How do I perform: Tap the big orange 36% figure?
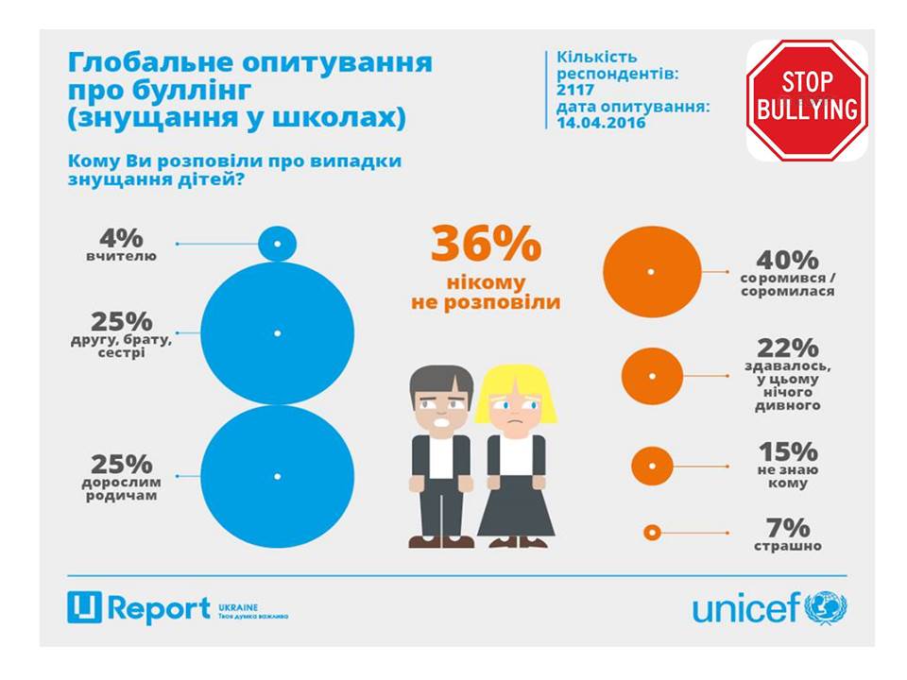[x=486, y=245]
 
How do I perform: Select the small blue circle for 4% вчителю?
[x=277, y=245]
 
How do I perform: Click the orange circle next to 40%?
[x=651, y=271]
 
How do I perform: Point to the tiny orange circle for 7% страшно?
[x=650, y=533]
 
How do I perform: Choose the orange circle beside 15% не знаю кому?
[x=650, y=466]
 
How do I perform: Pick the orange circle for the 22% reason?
[x=651, y=375]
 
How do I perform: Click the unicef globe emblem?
[x=827, y=607]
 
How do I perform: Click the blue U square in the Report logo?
[x=84, y=608]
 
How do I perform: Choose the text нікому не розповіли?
[x=486, y=293]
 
